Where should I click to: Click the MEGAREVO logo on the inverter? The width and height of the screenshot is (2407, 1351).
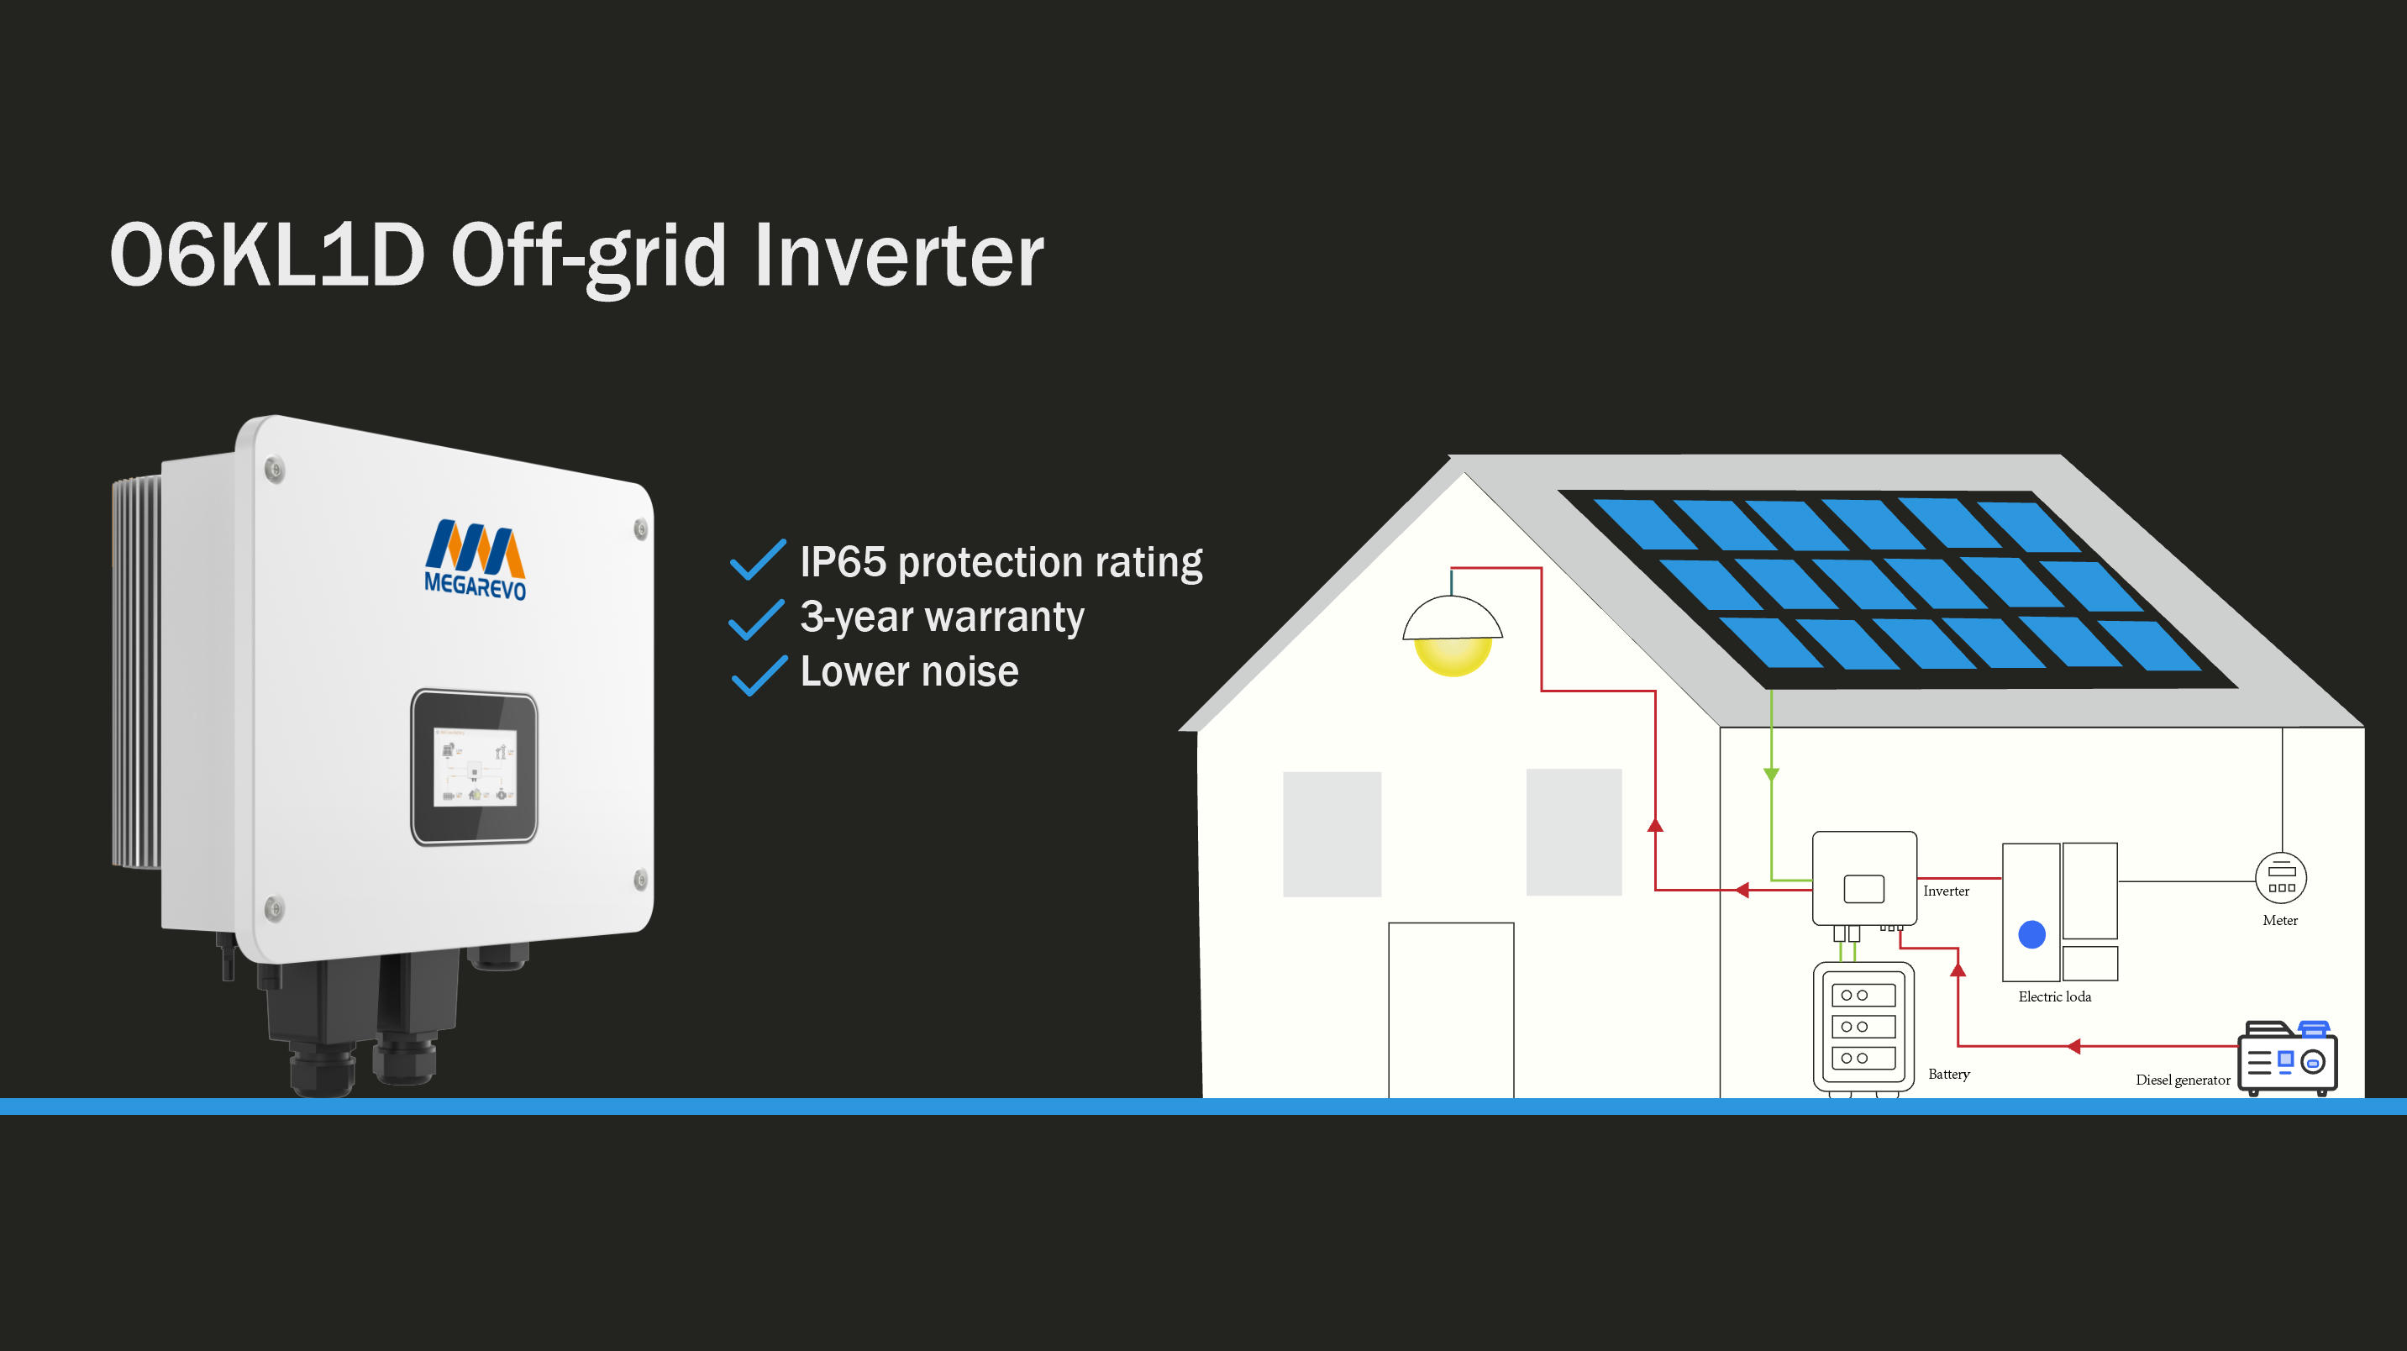click(475, 559)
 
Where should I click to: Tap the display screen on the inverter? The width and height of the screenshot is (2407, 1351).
click(475, 767)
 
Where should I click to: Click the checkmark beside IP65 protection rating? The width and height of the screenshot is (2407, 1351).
click(757, 560)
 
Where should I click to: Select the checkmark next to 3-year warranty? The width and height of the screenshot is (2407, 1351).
click(756, 618)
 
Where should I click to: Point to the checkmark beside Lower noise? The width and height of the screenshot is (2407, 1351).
click(759, 675)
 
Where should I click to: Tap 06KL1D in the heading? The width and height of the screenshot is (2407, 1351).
click(267, 255)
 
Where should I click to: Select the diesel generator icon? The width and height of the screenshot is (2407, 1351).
click(2287, 1059)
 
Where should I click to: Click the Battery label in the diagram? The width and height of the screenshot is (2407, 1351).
click(1948, 1075)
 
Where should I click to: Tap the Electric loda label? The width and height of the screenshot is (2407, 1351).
click(2054, 997)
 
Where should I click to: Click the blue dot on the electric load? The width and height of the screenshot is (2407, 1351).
click(2031, 934)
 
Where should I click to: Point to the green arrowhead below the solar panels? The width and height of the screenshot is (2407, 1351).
click(1771, 775)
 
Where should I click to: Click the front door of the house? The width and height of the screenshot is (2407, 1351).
click(1450, 1009)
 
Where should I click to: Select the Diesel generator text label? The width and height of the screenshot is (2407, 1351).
click(2182, 1080)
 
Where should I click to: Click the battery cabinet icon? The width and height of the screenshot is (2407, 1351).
click(1863, 1026)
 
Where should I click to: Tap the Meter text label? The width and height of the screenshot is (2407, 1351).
click(2280, 920)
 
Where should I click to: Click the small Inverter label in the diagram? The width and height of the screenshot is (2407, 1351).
click(1946, 891)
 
